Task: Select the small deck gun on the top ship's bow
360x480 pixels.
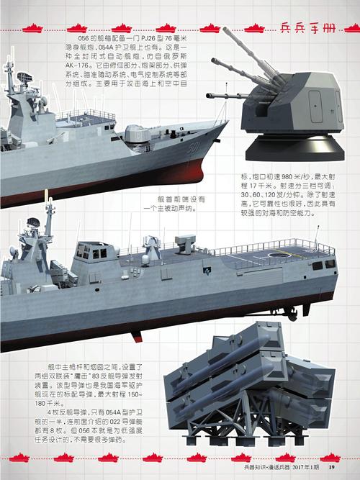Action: coord(135,132)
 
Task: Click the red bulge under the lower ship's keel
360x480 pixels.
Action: coord(137,334)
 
